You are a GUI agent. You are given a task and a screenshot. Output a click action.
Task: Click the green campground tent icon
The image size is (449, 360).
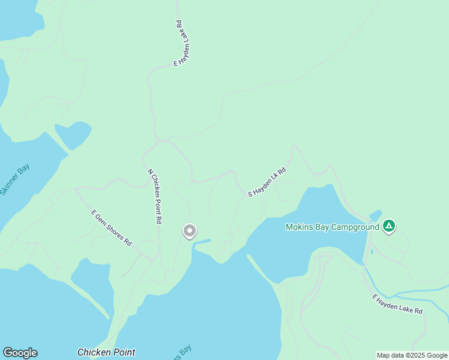tap(389, 226)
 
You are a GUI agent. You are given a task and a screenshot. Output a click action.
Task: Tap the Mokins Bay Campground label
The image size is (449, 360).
tap(333, 227)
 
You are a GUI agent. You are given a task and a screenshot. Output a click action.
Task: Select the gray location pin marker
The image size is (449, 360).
tap(190, 231)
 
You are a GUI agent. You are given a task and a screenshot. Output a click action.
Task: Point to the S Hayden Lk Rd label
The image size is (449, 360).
tap(267, 182)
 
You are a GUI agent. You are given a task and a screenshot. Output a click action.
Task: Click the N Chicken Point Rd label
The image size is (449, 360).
tap(155, 196)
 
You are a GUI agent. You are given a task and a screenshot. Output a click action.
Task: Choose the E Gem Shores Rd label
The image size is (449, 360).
tap(111, 227)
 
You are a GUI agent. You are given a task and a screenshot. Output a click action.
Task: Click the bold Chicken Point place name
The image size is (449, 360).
tap(106, 352)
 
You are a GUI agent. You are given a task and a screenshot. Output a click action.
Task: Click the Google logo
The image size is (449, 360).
tap(20, 353)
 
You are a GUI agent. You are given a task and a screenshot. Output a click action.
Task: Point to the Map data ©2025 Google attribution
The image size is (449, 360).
tap(412, 355)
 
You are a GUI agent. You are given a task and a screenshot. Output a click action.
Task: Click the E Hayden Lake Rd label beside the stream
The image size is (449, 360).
tap(397, 304)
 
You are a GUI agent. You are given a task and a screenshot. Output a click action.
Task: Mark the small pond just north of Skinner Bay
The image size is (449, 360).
tap(73, 134)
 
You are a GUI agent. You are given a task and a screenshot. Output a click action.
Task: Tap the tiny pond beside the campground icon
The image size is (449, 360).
tap(376, 214)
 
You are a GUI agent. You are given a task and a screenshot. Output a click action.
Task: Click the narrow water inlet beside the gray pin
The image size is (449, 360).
tap(203, 242)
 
